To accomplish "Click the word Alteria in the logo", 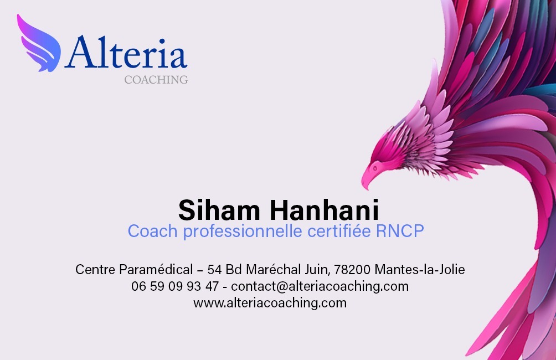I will [x=126, y=53].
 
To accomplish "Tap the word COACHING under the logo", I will [x=156, y=80].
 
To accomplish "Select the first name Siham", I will [x=220, y=210].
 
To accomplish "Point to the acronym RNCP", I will [x=400, y=231].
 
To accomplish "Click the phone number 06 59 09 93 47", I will [x=175, y=287].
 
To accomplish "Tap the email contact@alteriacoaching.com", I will [x=320, y=287].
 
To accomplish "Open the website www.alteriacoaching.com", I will [x=270, y=303].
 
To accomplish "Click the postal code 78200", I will [x=352, y=270].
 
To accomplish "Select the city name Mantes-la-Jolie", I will [x=420, y=270].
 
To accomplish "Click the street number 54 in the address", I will [x=214, y=270].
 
